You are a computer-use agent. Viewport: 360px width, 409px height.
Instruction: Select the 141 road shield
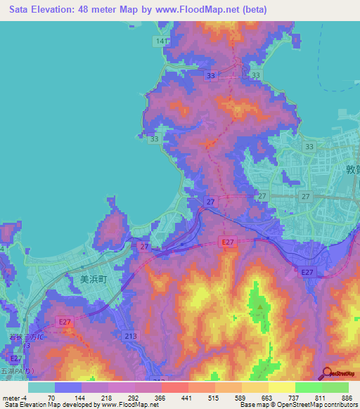(162, 42)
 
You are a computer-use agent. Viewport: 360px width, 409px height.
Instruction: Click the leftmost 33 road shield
(155, 140)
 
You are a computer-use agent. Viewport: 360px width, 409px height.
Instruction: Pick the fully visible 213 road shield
(130, 336)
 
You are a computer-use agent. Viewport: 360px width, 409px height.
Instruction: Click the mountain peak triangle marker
(260, 306)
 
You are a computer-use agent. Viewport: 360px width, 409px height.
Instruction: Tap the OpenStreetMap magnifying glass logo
(326, 372)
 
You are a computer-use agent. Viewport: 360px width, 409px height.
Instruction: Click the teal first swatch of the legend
(41, 387)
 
